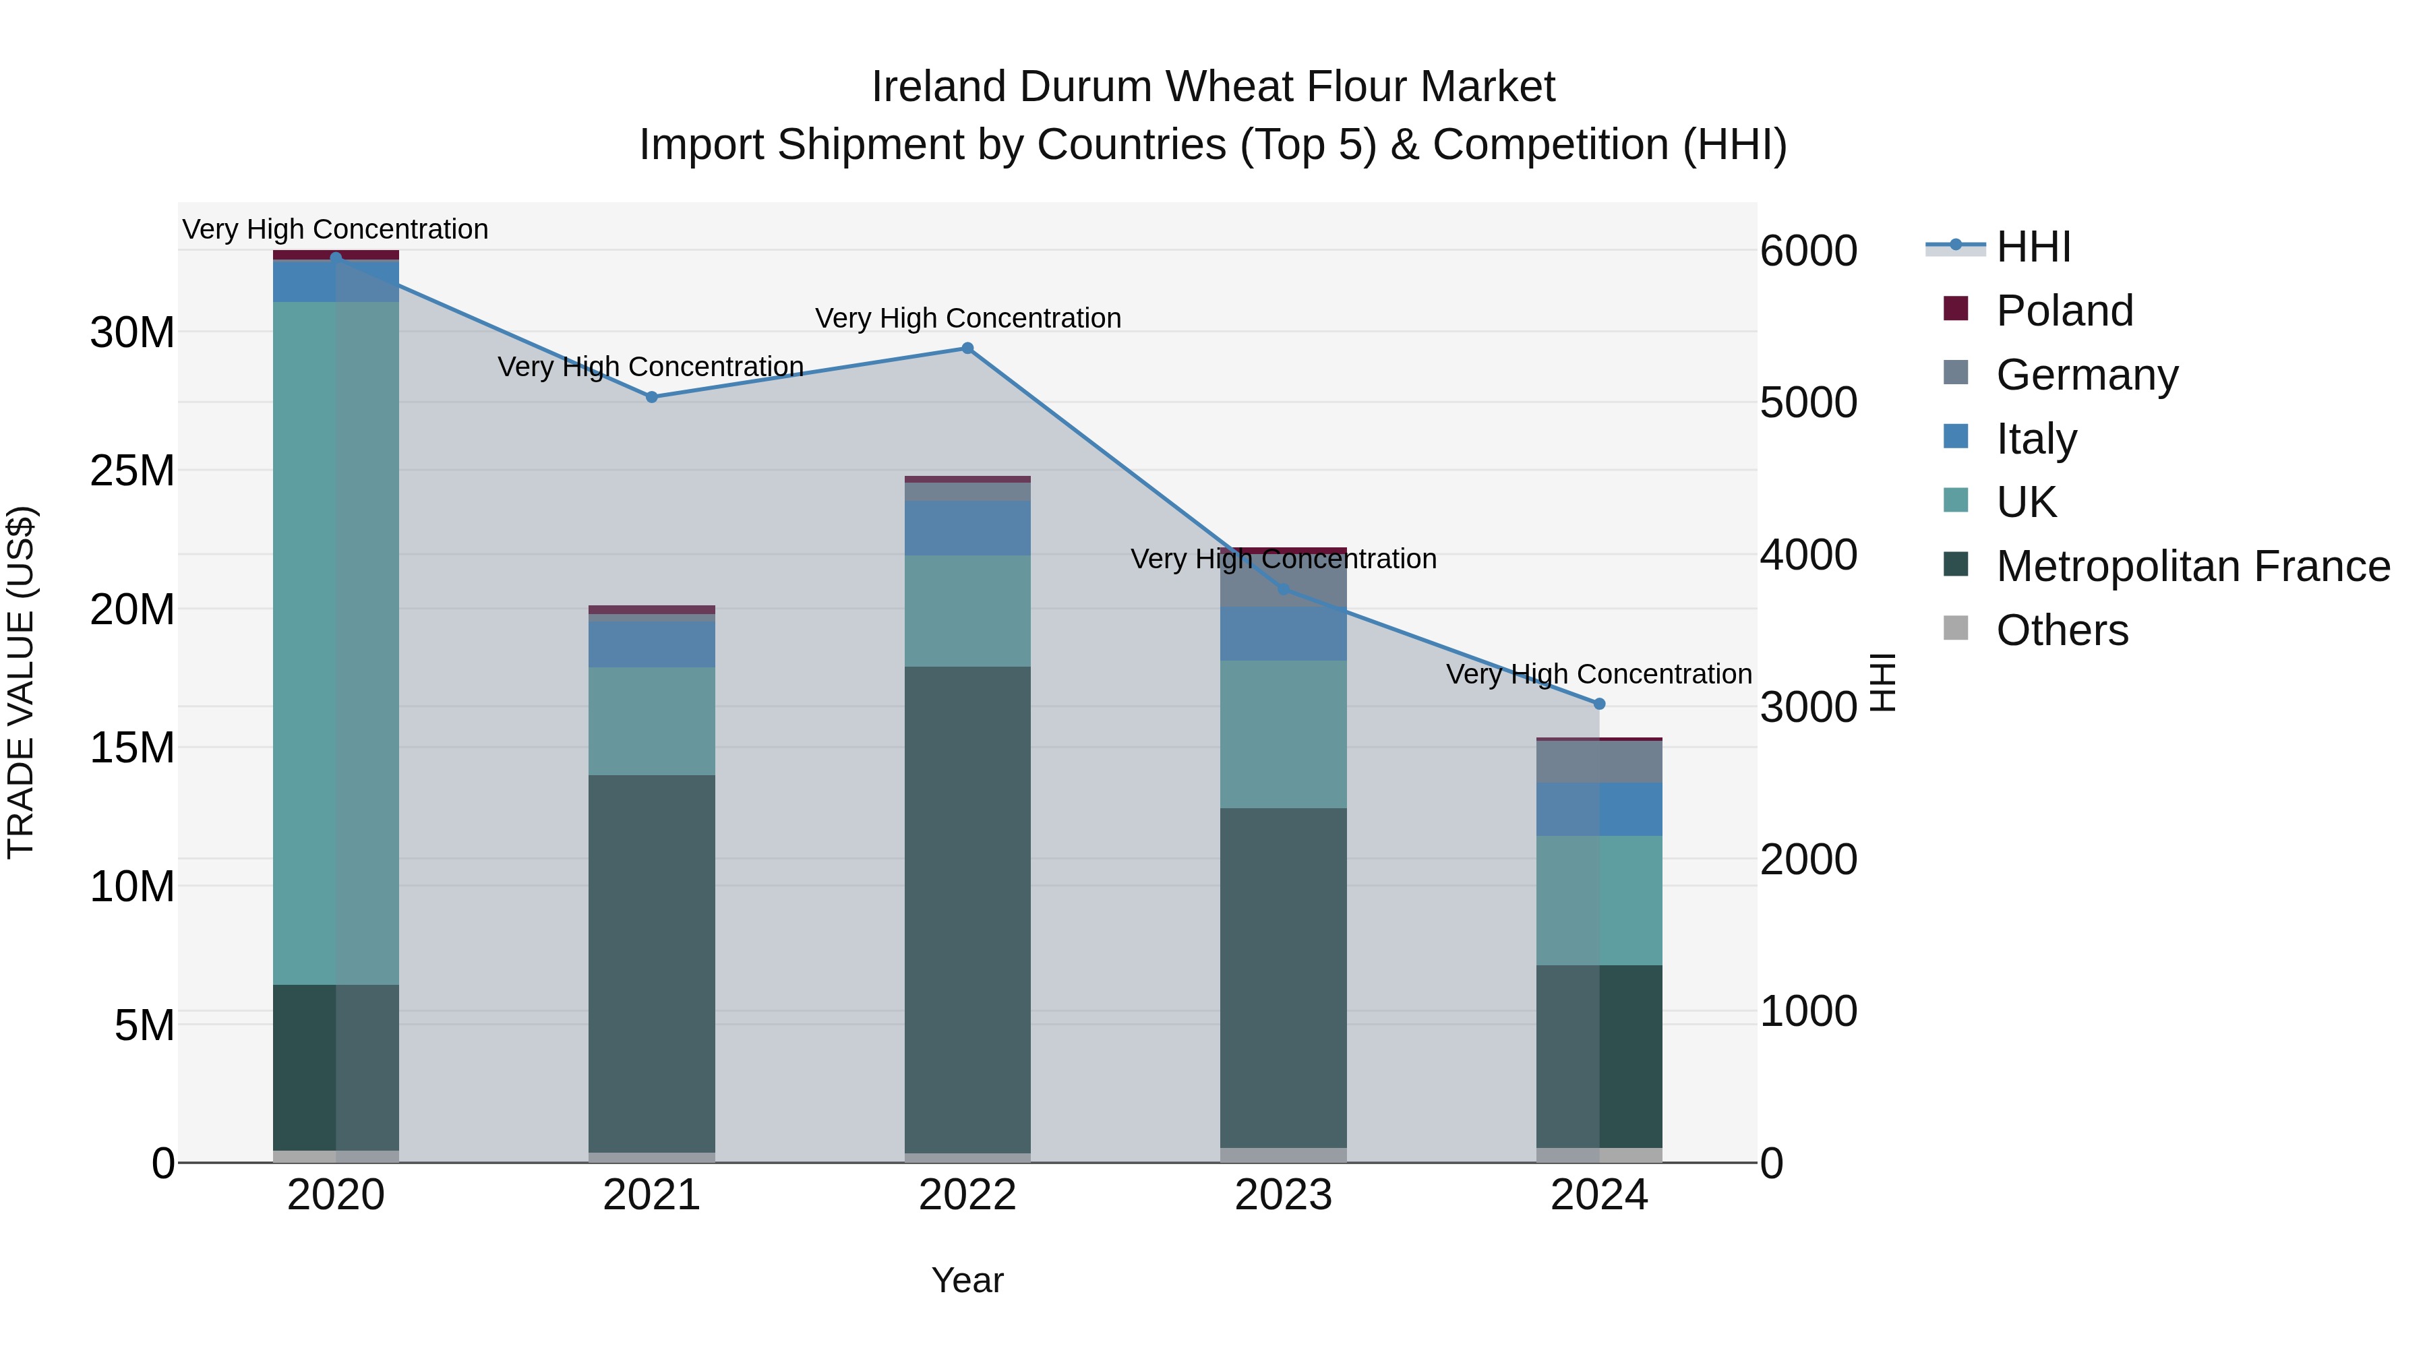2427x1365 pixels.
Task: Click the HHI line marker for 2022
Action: (x=967, y=348)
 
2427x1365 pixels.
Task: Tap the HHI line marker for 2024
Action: (x=1599, y=704)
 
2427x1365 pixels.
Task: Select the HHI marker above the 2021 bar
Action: (x=651, y=398)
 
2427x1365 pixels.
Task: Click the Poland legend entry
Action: (x=2064, y=310)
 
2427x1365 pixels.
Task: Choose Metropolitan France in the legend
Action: (x=2192, y=566)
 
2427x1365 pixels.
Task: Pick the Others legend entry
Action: (x=2062, y=630)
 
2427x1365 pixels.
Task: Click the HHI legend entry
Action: (x=2032, y=247)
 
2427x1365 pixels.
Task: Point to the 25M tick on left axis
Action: (x=132, y=470)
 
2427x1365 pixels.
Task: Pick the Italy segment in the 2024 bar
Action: (x=1599, y=809)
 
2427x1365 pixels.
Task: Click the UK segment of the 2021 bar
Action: (x=651, y=721)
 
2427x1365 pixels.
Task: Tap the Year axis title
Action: (x=967, y=1280)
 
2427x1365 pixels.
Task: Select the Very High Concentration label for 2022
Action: (x=967, y=318)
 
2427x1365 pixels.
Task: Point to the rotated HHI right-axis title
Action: (x=1882, y=682)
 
